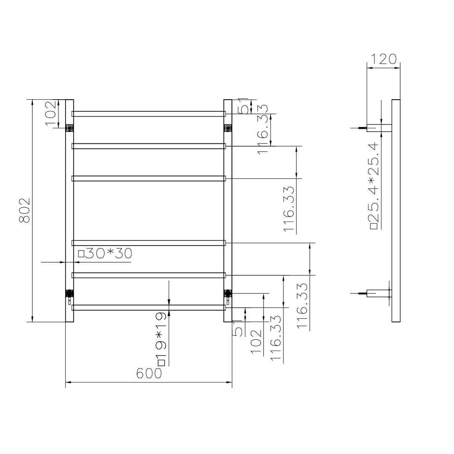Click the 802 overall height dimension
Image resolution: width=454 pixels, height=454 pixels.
click(x=25, y=210)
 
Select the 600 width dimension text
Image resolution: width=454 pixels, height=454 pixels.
click(x=149, y=373)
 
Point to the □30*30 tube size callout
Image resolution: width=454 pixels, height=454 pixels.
click(x=105, y=253)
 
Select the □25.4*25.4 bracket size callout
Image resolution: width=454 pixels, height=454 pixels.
click(x=374, y=186)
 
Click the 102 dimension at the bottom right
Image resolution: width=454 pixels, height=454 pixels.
click(x=256, y=341)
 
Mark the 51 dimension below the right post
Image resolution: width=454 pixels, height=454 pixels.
click(x=238, y=328)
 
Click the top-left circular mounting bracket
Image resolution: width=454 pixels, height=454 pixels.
click(x=70, y=127)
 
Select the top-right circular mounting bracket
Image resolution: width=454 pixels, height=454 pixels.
click(x=228, y=127)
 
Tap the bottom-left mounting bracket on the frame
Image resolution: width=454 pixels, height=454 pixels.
click(x=70, y=293)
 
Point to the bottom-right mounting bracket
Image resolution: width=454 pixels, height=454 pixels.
click(x=228, y=293)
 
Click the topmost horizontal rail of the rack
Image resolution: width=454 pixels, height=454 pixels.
click(x=149, y=113)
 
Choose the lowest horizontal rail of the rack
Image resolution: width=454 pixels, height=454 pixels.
click(x=149, y=307)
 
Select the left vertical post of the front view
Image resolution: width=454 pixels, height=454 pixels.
click(x=70, y=210)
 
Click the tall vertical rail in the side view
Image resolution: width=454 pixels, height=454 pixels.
click(x=396, y=210)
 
